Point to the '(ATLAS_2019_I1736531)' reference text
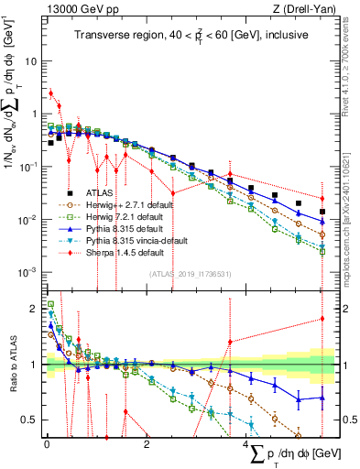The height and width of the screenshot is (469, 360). click(190, 274)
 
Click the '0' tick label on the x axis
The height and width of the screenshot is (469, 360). click(47, 442)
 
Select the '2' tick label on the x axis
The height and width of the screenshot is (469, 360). click(147, 442)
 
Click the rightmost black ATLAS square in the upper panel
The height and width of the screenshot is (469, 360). click(322, 212)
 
